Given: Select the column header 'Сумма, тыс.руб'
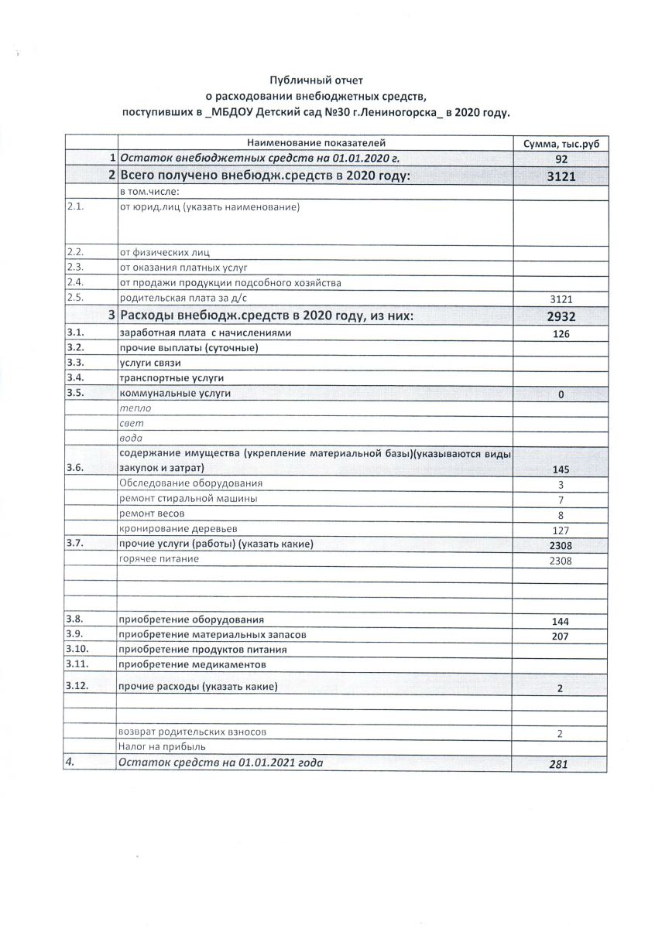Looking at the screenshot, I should pos(561,144).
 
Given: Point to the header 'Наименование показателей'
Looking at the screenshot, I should pos(316,143).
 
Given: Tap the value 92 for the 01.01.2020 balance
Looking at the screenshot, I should pos(562,159).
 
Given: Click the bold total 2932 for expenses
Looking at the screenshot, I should pos(562,316).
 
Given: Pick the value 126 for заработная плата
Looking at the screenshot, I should pos(561,334).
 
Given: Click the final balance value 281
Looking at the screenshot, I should pos(559,764).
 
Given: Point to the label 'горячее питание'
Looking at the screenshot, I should pos(159,559).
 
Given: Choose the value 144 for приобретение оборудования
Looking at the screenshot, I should pos(561,622).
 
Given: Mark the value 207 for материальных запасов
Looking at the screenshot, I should pos(561,636).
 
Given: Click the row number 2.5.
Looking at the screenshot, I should pos(75,298).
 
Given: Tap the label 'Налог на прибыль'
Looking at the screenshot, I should pos(162,747).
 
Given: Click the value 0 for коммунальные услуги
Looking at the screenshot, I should pos(561,395).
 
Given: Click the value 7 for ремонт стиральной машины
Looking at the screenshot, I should pos(561,500).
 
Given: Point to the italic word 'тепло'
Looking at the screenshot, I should pos(135,408).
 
